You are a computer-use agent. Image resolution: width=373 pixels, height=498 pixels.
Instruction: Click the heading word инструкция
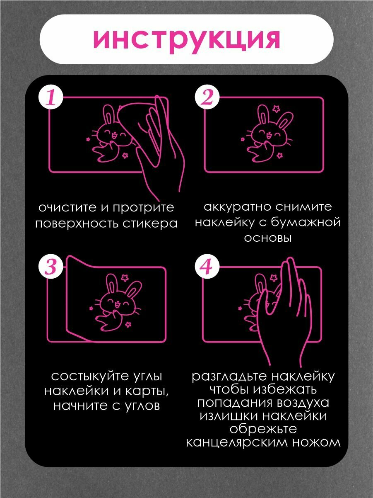(186, 40)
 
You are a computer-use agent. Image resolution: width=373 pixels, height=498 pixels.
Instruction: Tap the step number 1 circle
(50, 99)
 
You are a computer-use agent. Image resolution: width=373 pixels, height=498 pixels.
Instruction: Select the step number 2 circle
(207, 99)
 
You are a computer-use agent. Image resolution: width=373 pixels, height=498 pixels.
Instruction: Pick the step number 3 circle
(50, 267)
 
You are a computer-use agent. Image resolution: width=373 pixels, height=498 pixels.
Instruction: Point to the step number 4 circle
(206, 267)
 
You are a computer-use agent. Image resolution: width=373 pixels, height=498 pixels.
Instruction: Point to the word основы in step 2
(268, 238)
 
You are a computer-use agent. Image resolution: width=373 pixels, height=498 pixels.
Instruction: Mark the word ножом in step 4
(317, 442)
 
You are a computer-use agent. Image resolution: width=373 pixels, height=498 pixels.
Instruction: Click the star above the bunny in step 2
(275, 109)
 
